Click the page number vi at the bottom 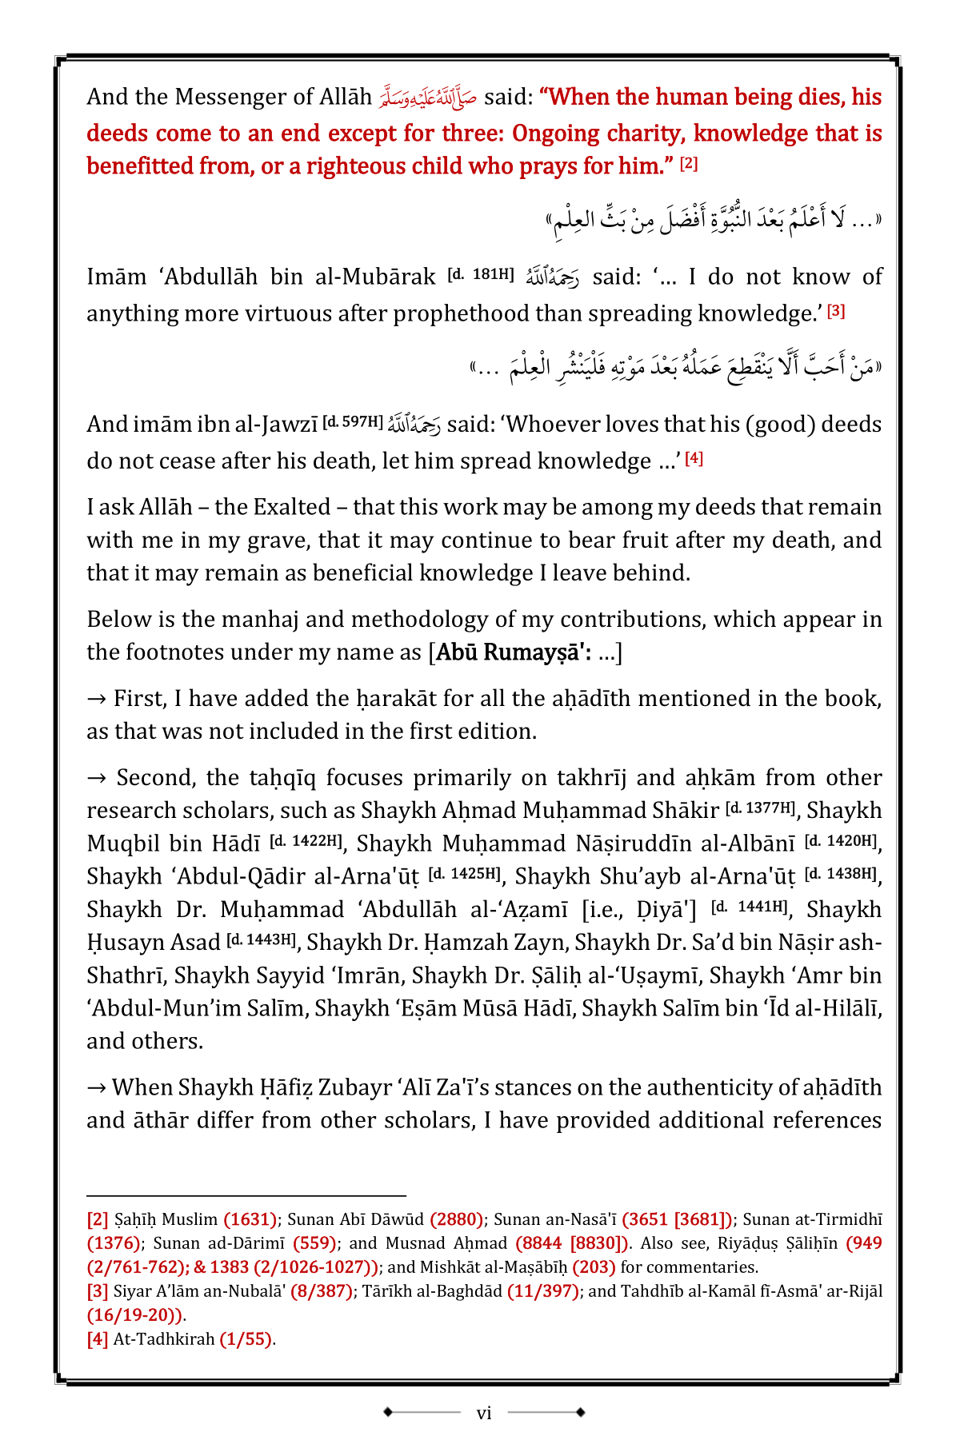click(483, 1413)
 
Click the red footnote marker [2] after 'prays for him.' click(688, 164)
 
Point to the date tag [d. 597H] click(352, 421)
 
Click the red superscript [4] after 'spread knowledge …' click(694, 459)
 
